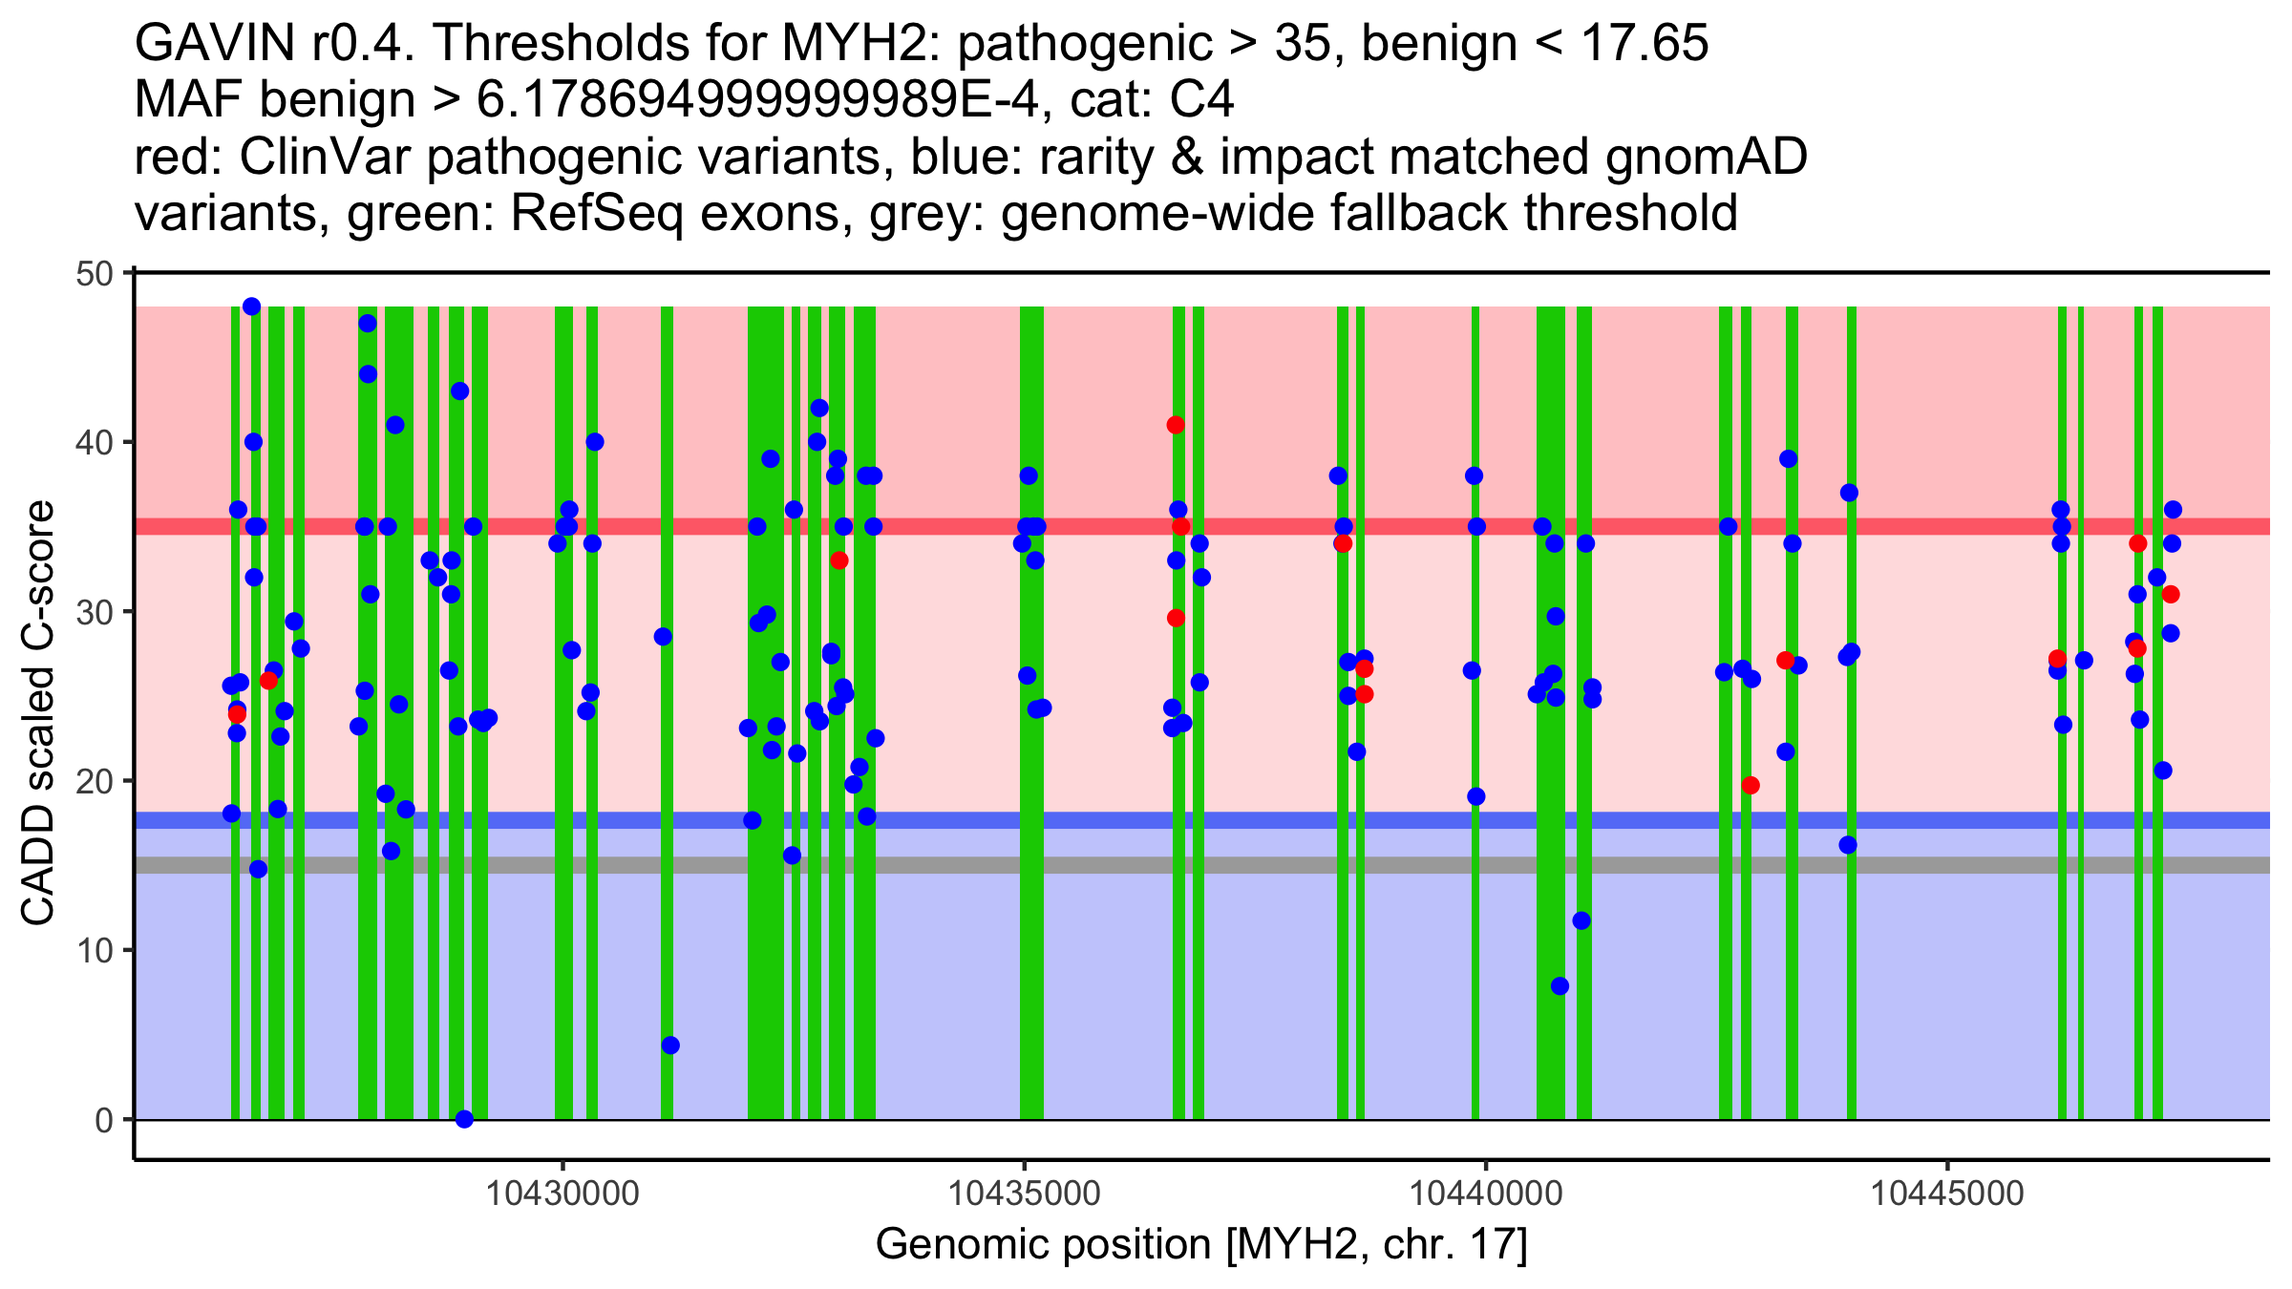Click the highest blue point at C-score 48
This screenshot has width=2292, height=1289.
click(251, 306)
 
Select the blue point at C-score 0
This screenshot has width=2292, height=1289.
click(464, 1119)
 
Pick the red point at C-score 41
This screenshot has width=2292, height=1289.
click(1176, 425)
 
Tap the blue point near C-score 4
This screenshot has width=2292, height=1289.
click(670, 1046)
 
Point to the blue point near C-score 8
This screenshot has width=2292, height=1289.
click(1560, 986)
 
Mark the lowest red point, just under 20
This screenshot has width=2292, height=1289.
click(1751, 786)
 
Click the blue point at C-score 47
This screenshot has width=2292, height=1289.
click(368, 324)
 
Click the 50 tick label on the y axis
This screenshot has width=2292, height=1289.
click(93, 274)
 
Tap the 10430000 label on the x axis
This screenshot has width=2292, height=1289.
click(562, 1194)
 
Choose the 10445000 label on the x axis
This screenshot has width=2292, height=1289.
click(1947, 1194)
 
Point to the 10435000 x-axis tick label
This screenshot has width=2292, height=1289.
click(1025, 1194)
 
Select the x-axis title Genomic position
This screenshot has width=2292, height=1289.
click(1201, 1245)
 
